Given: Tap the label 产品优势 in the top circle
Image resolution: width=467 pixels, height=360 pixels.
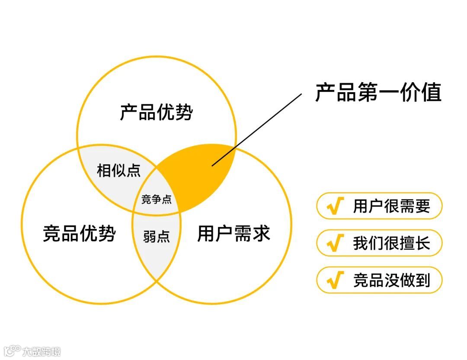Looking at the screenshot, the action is [157, 112].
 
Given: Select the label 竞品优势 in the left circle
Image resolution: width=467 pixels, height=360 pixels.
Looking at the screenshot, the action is [80, 234].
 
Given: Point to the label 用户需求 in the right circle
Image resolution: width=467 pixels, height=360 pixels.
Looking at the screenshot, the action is [234, 234].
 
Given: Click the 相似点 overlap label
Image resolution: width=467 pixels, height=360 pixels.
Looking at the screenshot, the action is [119, 170].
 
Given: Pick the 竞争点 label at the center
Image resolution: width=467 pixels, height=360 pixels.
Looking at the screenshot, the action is [157, 199].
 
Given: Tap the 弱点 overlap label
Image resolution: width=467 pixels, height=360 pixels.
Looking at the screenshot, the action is [157, 237].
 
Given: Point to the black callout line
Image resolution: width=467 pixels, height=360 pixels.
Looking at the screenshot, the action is [257, 130].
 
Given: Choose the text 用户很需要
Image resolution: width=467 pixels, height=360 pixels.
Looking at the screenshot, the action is [392, 206].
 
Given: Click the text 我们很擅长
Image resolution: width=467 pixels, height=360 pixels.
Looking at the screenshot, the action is [392, 243].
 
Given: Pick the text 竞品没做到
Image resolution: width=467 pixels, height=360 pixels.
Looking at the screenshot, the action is [392, 280].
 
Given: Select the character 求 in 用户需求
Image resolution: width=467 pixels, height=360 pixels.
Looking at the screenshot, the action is [261, 234].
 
